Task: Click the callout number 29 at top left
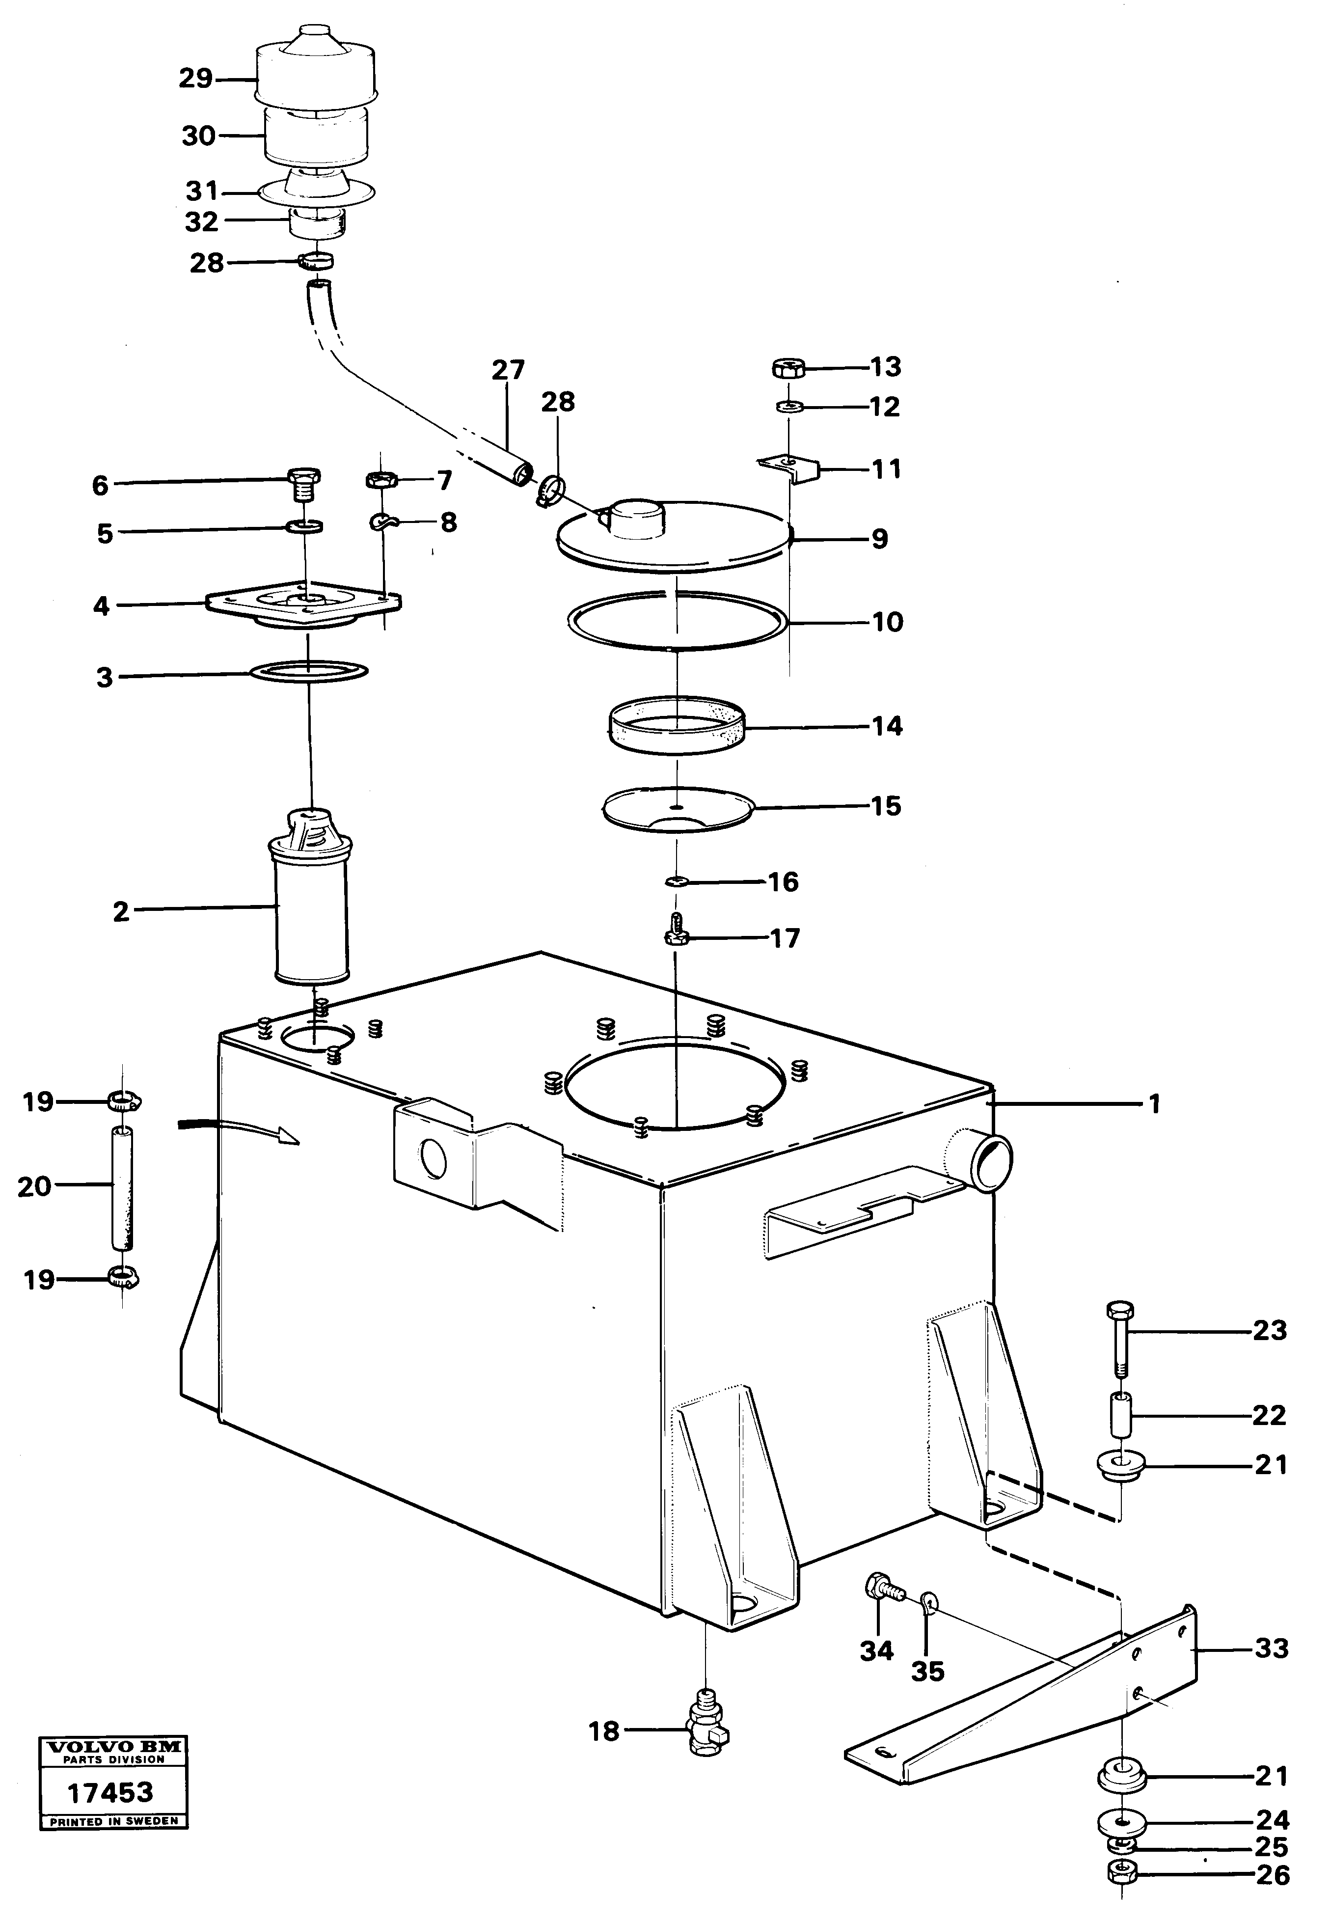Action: (x=196, y=79)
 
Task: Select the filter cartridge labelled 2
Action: (x=312, y=905)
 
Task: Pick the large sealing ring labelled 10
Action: (x=677, y=621)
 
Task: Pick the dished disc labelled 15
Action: (x=677, y=809)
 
